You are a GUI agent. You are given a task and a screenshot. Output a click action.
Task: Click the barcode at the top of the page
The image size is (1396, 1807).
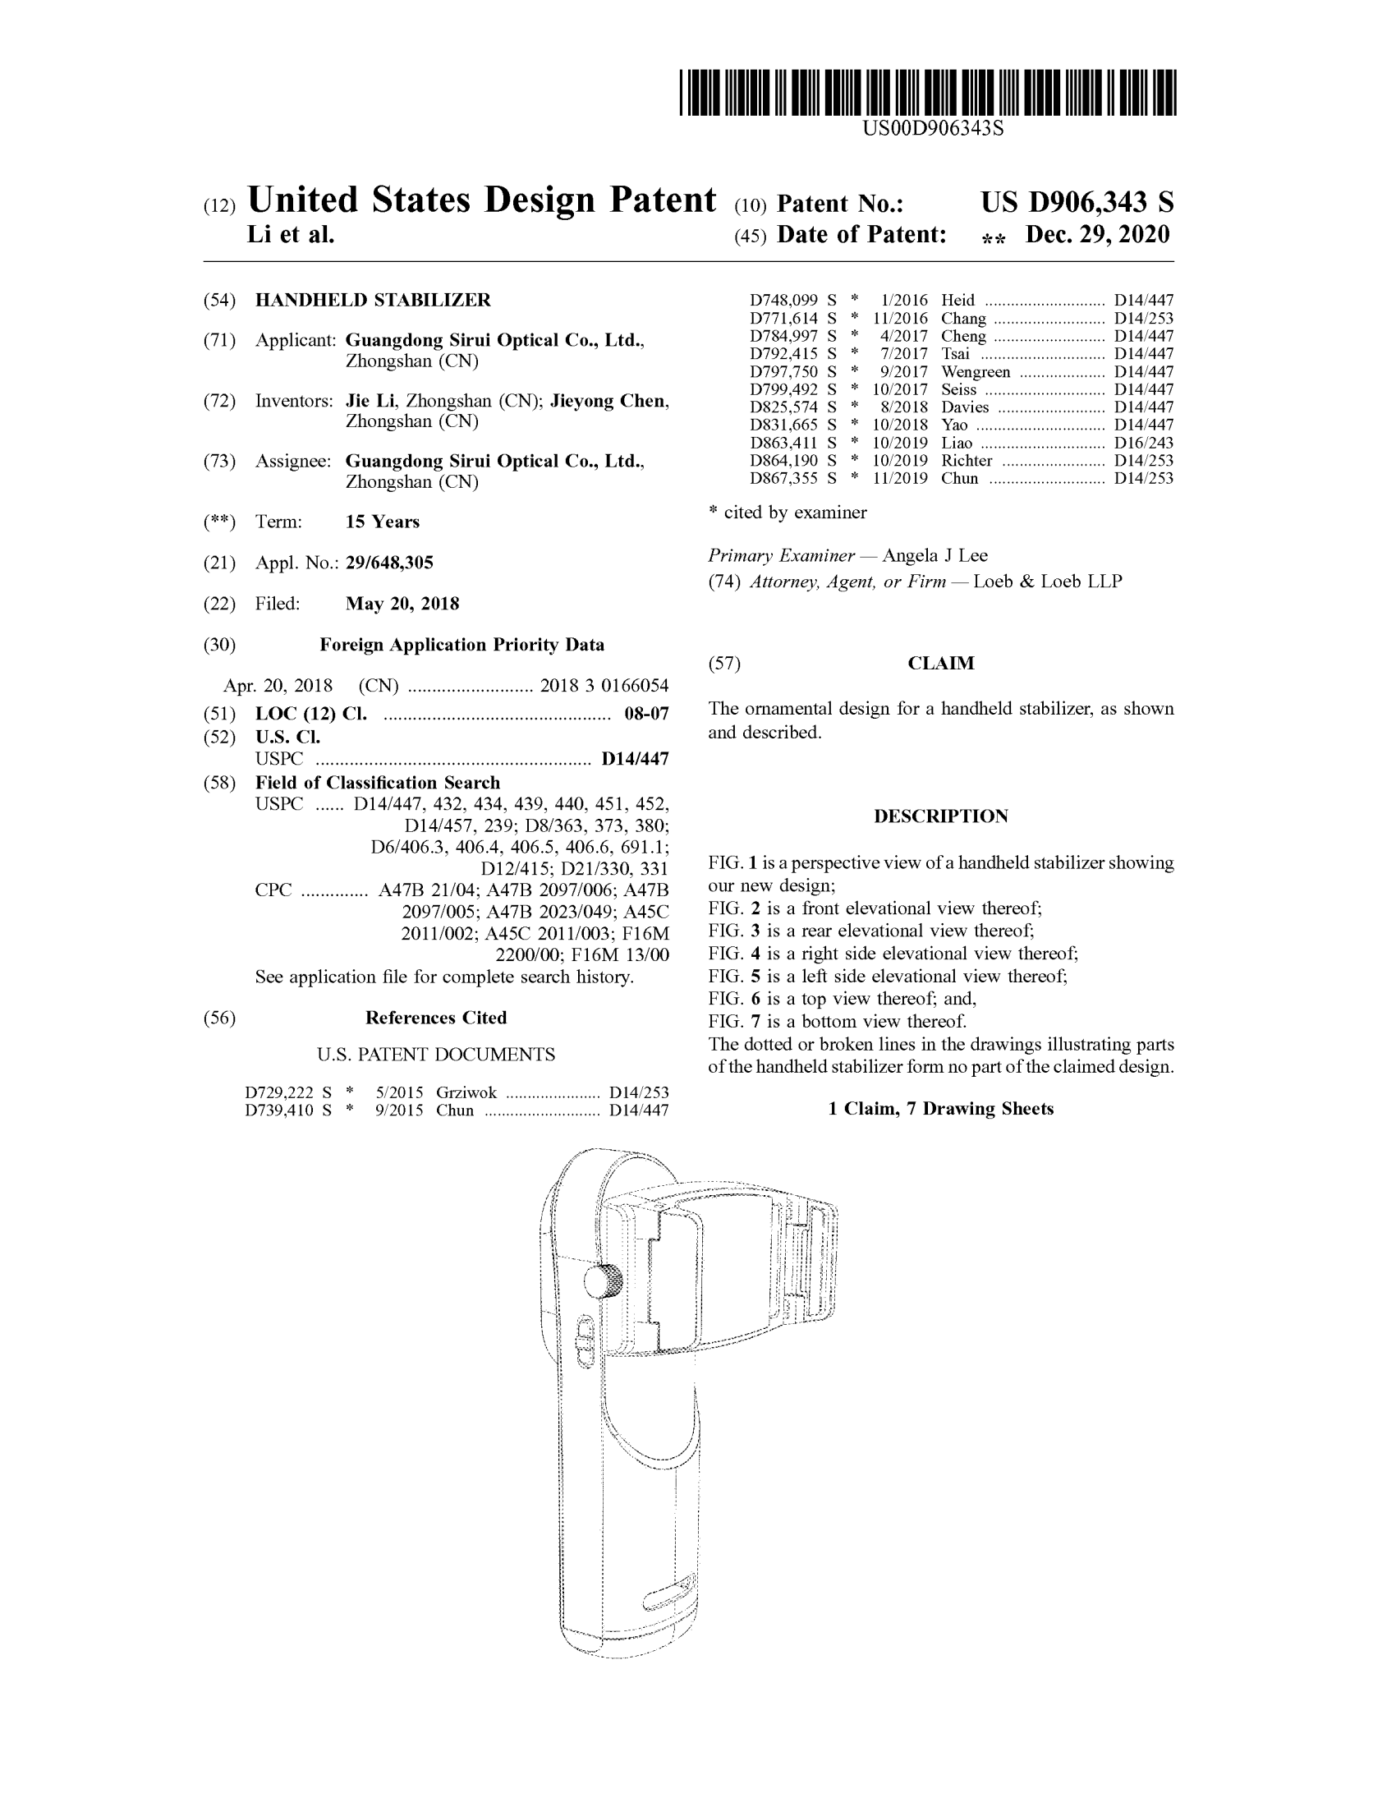coord(927,93)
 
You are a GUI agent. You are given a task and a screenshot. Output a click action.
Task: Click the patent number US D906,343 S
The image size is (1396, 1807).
coord(1076,203)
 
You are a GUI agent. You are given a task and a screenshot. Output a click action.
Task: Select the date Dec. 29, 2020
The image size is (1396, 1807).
coord(1096,235)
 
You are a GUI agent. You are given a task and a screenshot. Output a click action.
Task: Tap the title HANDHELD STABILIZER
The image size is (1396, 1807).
coord(372,301)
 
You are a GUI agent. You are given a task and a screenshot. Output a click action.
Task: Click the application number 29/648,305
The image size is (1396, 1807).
coord(388,563)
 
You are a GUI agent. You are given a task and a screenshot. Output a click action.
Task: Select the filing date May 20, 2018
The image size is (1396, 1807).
coord(402,604)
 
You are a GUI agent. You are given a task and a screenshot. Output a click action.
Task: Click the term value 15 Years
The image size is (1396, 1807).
coord(382,522)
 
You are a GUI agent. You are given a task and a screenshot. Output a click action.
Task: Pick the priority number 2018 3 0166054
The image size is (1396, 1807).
coord(604,686)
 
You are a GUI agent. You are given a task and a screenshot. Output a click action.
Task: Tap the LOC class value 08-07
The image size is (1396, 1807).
coord(646,714)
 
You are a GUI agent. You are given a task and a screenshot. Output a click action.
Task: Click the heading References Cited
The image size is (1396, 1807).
coord(436,1018)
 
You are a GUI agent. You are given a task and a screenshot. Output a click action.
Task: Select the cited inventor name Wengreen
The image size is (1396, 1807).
coord(975,372)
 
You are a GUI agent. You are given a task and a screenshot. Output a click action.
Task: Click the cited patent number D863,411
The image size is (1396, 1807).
coord(783,444)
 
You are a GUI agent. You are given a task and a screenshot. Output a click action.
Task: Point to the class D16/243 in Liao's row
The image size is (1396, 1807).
coord(1143,444)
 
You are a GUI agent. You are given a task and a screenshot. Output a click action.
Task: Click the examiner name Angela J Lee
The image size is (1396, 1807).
coord(934,556)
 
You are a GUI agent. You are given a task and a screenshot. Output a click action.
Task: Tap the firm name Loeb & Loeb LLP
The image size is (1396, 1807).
coord(1047,582)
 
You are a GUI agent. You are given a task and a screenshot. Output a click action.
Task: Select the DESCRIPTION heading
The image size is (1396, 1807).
coord(940,816)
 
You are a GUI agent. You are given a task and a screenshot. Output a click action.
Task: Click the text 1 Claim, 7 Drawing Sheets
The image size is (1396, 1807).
coord(940,1109)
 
